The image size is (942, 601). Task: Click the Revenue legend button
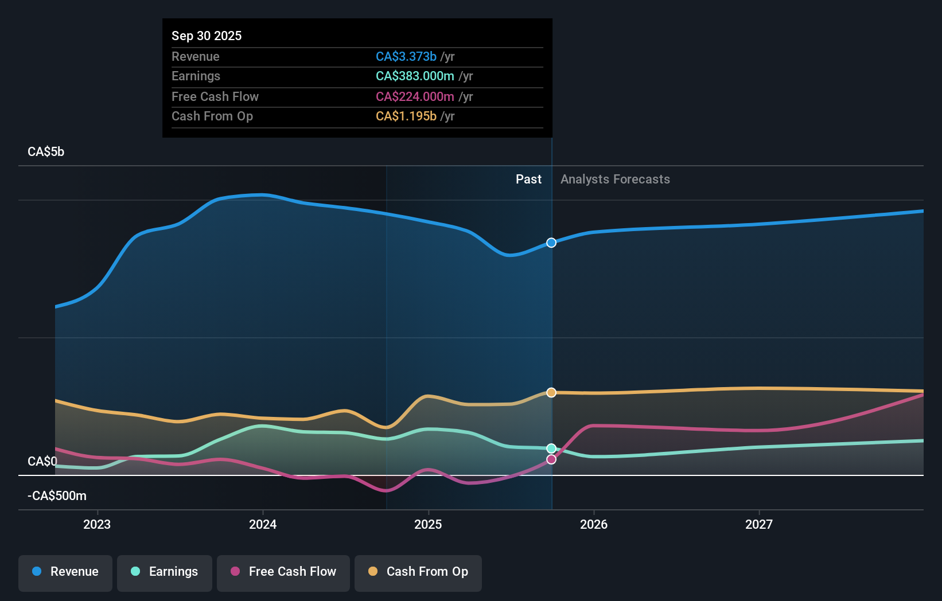pos(65,572)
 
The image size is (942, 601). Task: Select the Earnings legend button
pos(165,572)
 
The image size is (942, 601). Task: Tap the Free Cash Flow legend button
pos(283,572)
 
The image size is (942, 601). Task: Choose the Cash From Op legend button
pos(418,572)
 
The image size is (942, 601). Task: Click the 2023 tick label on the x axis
pos(97,524)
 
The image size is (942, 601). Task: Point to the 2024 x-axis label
pos(263,524)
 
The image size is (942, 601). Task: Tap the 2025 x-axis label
pos(428,524)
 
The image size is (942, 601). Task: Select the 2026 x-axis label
pos(594,524)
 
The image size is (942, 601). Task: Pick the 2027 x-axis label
pos(759,524)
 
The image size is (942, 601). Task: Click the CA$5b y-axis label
pos(46,152)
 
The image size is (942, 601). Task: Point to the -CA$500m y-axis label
pos(57,496)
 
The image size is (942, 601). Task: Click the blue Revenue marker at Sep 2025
pos(551,243)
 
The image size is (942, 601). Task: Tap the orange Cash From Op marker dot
pos(551,393)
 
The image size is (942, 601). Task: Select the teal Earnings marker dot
pos(551,448)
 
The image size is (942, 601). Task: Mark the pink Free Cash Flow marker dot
pos(551,459)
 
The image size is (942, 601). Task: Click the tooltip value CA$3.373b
pos(406,57)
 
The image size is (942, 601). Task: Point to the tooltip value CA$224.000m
pos(415,97)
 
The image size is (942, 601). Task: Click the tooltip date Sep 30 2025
pos(207,36)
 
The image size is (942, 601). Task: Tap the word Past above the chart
pos(528,179)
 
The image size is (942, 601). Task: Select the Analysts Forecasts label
pos(615,179)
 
